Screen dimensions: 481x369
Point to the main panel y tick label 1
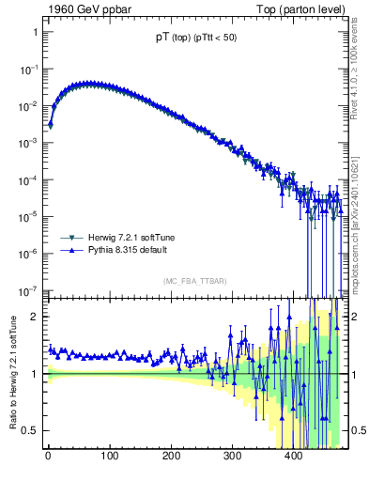[34, 32]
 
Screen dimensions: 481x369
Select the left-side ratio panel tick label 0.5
[29, 430]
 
